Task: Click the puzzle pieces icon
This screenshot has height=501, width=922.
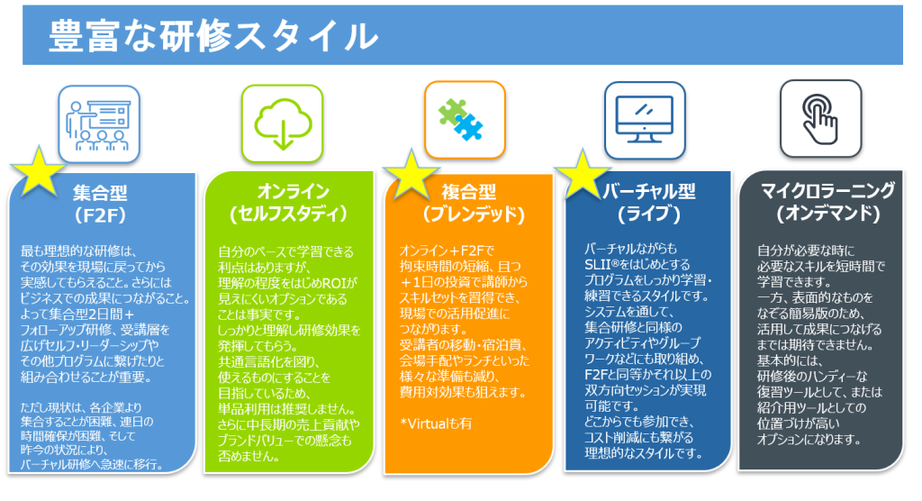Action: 464,117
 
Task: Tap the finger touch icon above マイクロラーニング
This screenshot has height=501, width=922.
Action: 819,117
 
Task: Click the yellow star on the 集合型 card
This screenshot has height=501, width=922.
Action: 36,170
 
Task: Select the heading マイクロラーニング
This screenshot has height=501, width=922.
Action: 827,191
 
